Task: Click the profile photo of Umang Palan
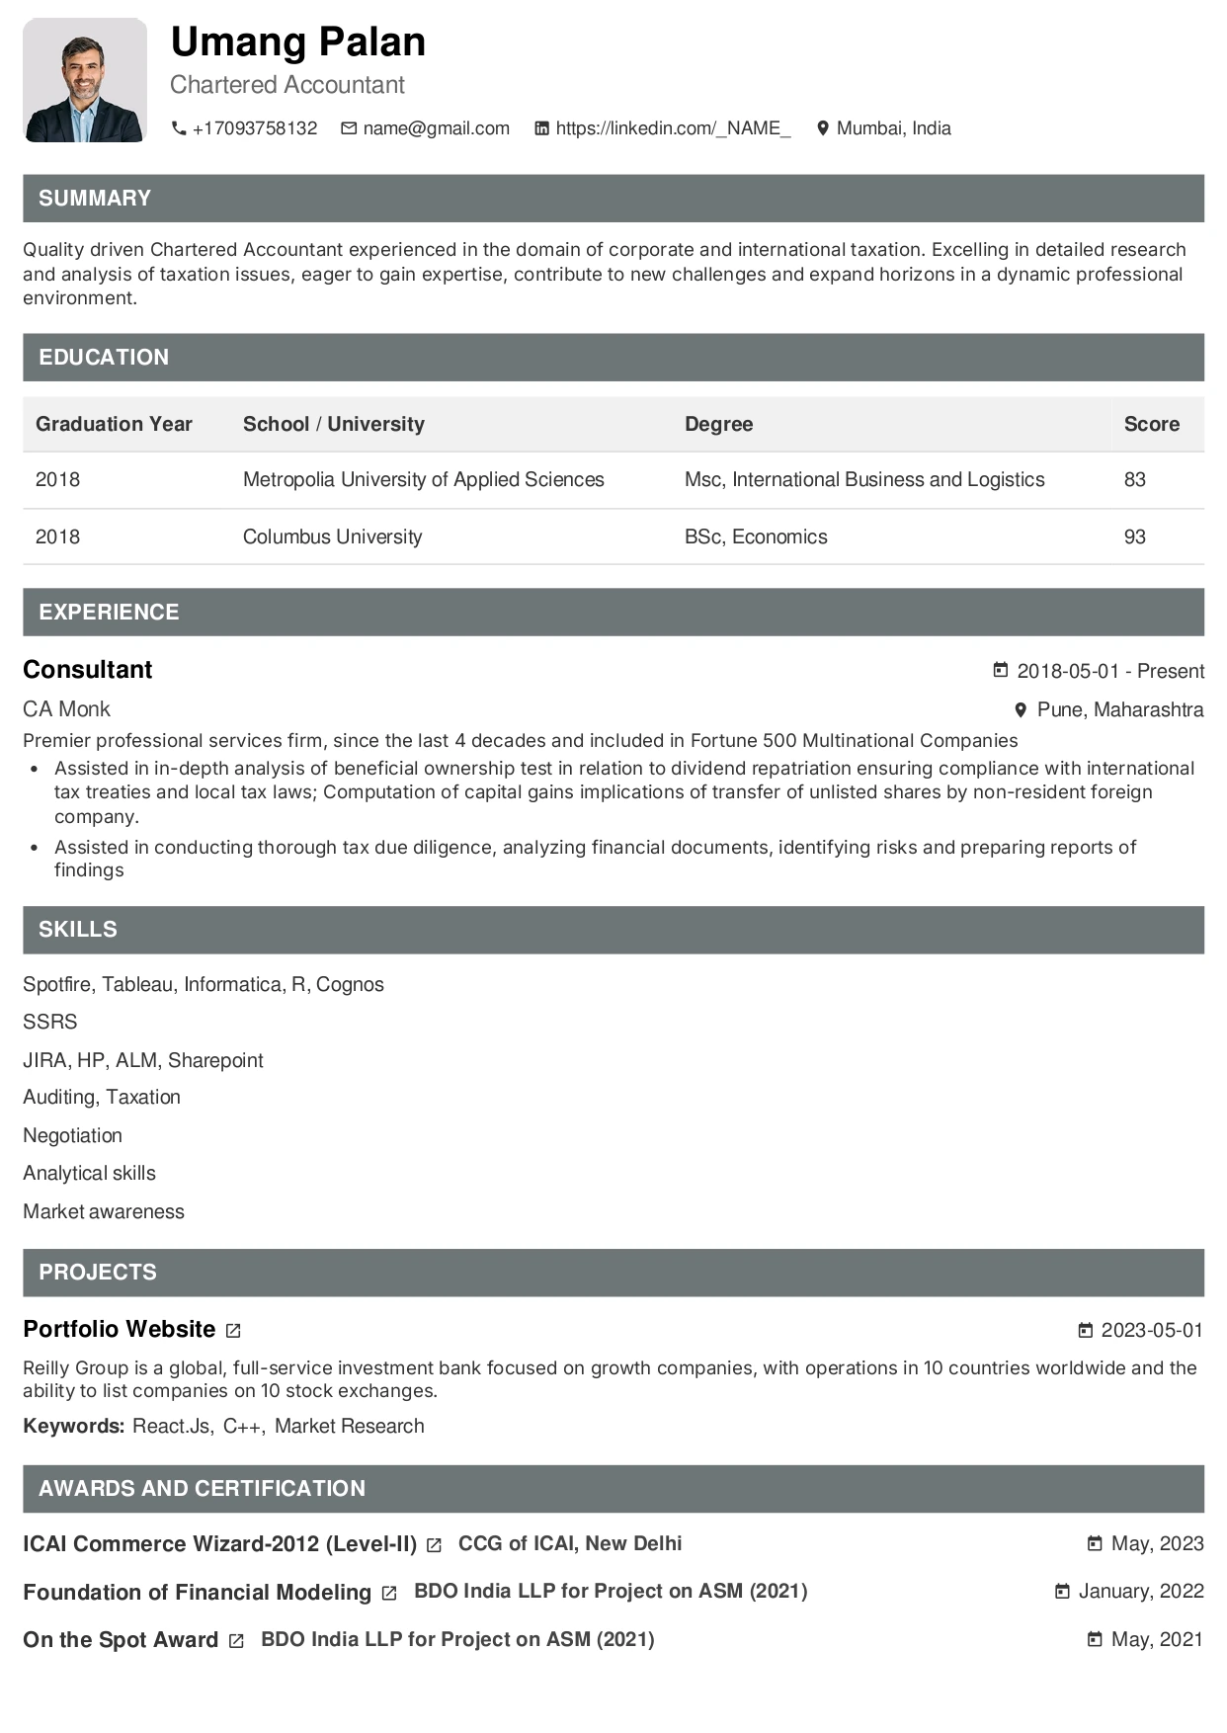[85, 80]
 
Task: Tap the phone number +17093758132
[254, 128]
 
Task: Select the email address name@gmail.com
[436, 128]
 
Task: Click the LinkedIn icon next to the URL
[541, 128]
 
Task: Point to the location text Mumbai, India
[893, 128]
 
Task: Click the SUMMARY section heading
[95, 199]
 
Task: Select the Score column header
[1151, 424]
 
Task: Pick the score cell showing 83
[1134, 480]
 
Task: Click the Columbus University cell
[332, 537]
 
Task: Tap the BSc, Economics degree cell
[756, 537]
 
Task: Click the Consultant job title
[88, 670]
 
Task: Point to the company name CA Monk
[66, 709]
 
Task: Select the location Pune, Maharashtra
[1119, 710]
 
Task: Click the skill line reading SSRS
[49, 1023]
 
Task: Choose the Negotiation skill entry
[72, 1136]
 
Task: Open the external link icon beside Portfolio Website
[233, 1331]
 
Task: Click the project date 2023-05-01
[1151, 1331]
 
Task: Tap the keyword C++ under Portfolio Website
[242, 1427]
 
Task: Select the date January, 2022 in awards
[1140, 1592]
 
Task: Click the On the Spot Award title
[121, 1640]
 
